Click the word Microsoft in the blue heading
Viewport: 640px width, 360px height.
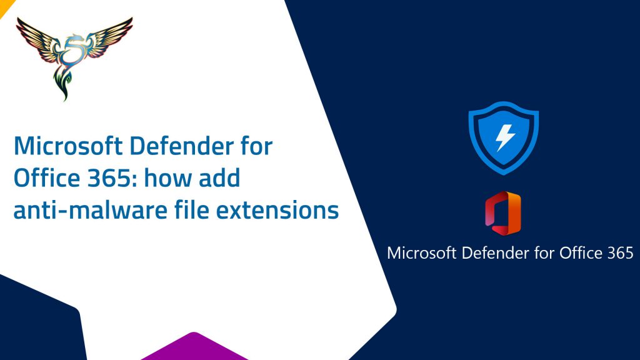(68, 146)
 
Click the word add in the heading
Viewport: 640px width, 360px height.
(219, 178)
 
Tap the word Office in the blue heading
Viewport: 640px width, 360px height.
(47, 178)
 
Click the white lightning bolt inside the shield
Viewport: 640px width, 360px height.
(505, 137)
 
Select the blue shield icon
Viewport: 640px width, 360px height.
(504, 138)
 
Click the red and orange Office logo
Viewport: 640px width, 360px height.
(503, 213)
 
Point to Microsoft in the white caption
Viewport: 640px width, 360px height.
(421, 253)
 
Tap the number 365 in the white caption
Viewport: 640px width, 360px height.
(620, 253)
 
